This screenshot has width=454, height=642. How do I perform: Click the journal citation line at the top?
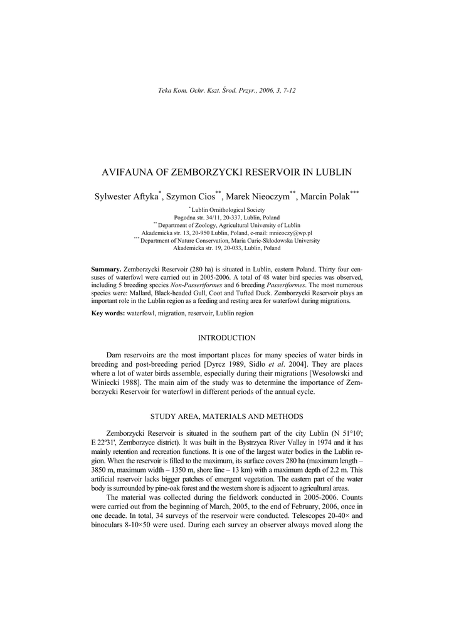226,90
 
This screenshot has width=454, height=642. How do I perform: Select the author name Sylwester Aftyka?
127,196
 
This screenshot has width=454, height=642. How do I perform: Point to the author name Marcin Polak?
325,196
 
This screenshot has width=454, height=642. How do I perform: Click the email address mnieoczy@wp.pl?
282,233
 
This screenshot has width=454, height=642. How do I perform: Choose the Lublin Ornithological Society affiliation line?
228,210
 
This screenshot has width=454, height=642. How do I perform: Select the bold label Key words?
108,312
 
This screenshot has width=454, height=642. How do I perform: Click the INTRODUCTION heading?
226,338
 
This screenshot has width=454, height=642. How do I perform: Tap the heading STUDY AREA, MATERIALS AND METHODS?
226,416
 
